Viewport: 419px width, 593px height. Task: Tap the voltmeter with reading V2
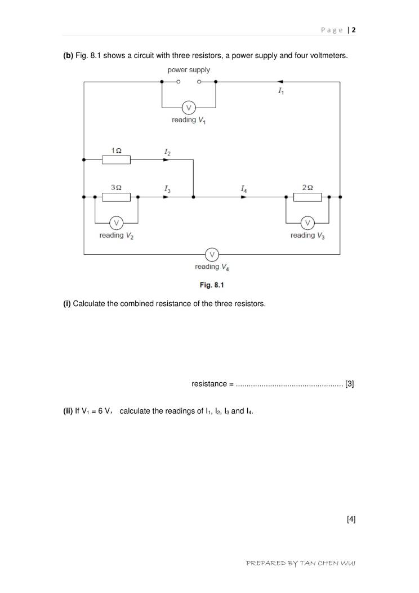(117, 222)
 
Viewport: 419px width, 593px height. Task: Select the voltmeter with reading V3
(307, 222)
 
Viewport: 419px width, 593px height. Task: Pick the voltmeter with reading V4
(212, 254)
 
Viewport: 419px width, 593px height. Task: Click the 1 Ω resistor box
(116, 160)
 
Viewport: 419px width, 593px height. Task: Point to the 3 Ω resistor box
(116, 197)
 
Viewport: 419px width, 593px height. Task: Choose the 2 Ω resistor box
(307, 197)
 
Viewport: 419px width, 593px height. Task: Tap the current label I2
(167, 152)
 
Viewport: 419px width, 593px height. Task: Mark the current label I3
(167, 189)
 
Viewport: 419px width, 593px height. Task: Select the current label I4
(243, 189)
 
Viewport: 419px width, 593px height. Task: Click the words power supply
(189, 70)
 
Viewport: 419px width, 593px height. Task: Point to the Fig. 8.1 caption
(212, 285)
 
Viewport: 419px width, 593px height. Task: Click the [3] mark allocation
(350, 384)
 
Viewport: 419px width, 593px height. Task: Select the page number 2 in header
(354, 30)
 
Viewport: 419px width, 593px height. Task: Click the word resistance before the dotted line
(209, 384)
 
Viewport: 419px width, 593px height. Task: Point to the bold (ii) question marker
(68, 411)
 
